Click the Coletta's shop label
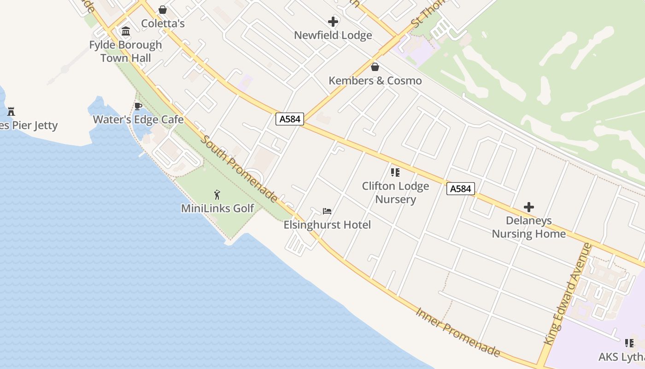pos(163,24)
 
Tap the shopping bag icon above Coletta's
pos(163,10)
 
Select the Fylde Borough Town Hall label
pos(125,51)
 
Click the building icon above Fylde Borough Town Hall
pos(125,31)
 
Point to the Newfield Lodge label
pos(333,36)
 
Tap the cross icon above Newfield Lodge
pos(333,22)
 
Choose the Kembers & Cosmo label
pos(375,81)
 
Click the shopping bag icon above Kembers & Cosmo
pos(375,67)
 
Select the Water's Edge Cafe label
pos(138,120)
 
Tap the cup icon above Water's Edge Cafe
pos(138,107)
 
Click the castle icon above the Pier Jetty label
pos(11,111)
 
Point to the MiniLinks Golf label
pos(217,208)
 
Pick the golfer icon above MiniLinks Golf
pos(217,195)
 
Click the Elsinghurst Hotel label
pos(327,225)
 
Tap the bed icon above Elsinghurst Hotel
pos(327,212)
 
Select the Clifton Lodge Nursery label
pos(395,193)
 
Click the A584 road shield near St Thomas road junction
pos(290,119)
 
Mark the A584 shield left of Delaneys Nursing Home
pos(460,189)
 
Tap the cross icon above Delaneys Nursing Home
pos(529,207)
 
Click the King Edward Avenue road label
pos(568,294)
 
